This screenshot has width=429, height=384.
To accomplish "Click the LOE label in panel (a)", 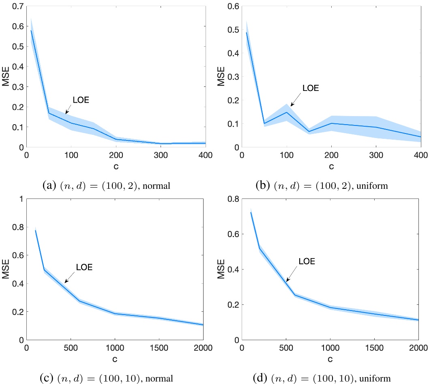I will click(81, 100).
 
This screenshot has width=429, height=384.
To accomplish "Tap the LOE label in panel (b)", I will click(311, 88).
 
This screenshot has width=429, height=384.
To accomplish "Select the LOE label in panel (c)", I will click(84, 267).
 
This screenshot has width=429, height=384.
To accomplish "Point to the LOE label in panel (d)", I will click(307, 262).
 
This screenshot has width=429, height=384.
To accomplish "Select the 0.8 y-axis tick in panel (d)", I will click(234, 199).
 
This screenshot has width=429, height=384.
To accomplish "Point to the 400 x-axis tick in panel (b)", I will click(421, 155).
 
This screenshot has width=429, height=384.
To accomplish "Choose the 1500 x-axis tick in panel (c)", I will click(159, 348).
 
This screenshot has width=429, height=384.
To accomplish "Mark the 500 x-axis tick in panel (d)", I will click(286, 348).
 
